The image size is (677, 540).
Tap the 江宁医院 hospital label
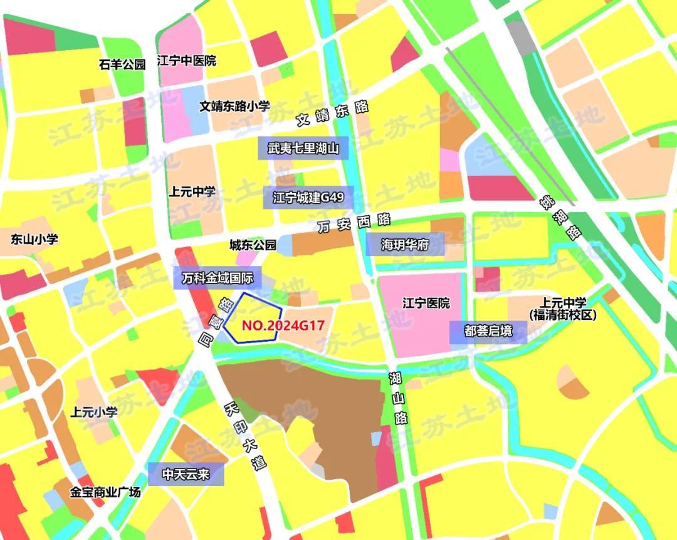[426, 304]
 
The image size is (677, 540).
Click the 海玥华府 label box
[404, 245]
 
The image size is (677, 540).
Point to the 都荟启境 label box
[488, 331]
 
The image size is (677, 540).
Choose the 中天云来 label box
[186, 474]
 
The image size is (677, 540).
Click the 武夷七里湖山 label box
[303, 149]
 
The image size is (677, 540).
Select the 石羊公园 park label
[122, 64]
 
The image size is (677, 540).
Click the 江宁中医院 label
[186, 61]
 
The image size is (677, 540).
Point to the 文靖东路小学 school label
[235, 107]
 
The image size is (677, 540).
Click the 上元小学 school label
[94, 412]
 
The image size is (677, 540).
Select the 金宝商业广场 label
[105, 491]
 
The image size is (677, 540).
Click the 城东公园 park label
[253, 245]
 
